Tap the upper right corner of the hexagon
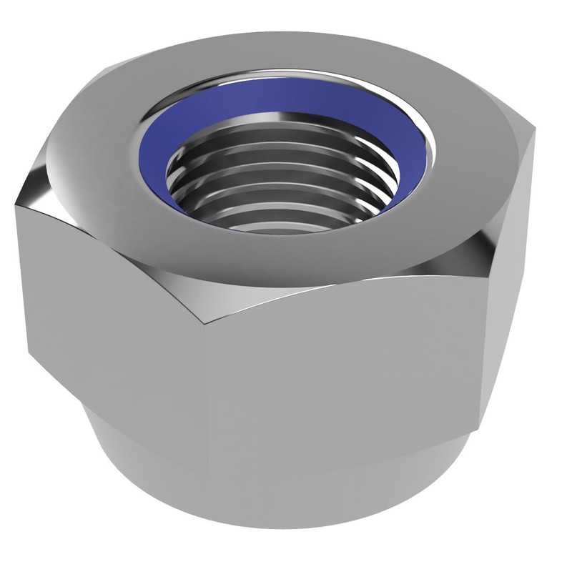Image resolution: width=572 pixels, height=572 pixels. click(533, 139)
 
